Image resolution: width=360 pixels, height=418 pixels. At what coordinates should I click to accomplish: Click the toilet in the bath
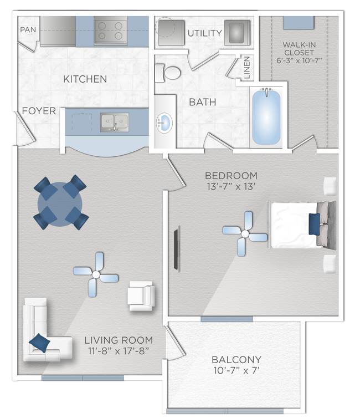tap(167, 73)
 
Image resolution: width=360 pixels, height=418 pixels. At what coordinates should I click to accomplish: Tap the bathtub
tap(266, 118)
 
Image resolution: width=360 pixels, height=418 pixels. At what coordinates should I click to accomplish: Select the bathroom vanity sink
tap(163, 123)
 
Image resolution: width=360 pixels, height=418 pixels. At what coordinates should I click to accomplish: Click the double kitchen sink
tap(115, 122)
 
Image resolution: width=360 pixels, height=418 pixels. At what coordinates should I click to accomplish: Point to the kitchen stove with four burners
tap(111, 30)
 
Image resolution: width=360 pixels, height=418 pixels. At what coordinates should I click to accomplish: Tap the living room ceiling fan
tap(96, 274)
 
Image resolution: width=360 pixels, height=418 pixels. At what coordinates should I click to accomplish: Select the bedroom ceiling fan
tap(245, 234)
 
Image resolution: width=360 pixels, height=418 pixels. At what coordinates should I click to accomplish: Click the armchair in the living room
tap(141, 296)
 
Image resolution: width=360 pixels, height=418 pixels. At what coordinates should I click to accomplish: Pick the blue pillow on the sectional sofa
tap(39, 343)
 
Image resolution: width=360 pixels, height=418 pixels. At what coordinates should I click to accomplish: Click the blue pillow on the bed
tap(314, 224)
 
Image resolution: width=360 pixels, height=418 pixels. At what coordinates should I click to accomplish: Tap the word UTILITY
tap(205, 33)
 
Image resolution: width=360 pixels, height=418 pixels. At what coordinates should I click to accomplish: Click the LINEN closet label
tap(247, 68)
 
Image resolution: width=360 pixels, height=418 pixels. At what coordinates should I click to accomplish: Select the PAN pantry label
tap(28, 29)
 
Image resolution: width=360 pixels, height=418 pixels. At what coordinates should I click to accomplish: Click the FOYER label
tap(39, 111)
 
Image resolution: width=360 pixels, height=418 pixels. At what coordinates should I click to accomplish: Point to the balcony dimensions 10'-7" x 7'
tap(236, 370)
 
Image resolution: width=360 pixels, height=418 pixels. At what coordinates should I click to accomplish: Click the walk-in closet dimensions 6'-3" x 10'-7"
tap(299, 60)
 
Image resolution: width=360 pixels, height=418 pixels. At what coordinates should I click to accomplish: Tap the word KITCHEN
tap(85, 79)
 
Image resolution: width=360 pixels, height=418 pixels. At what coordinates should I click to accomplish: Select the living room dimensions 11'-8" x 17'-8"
tap(119, 351)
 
